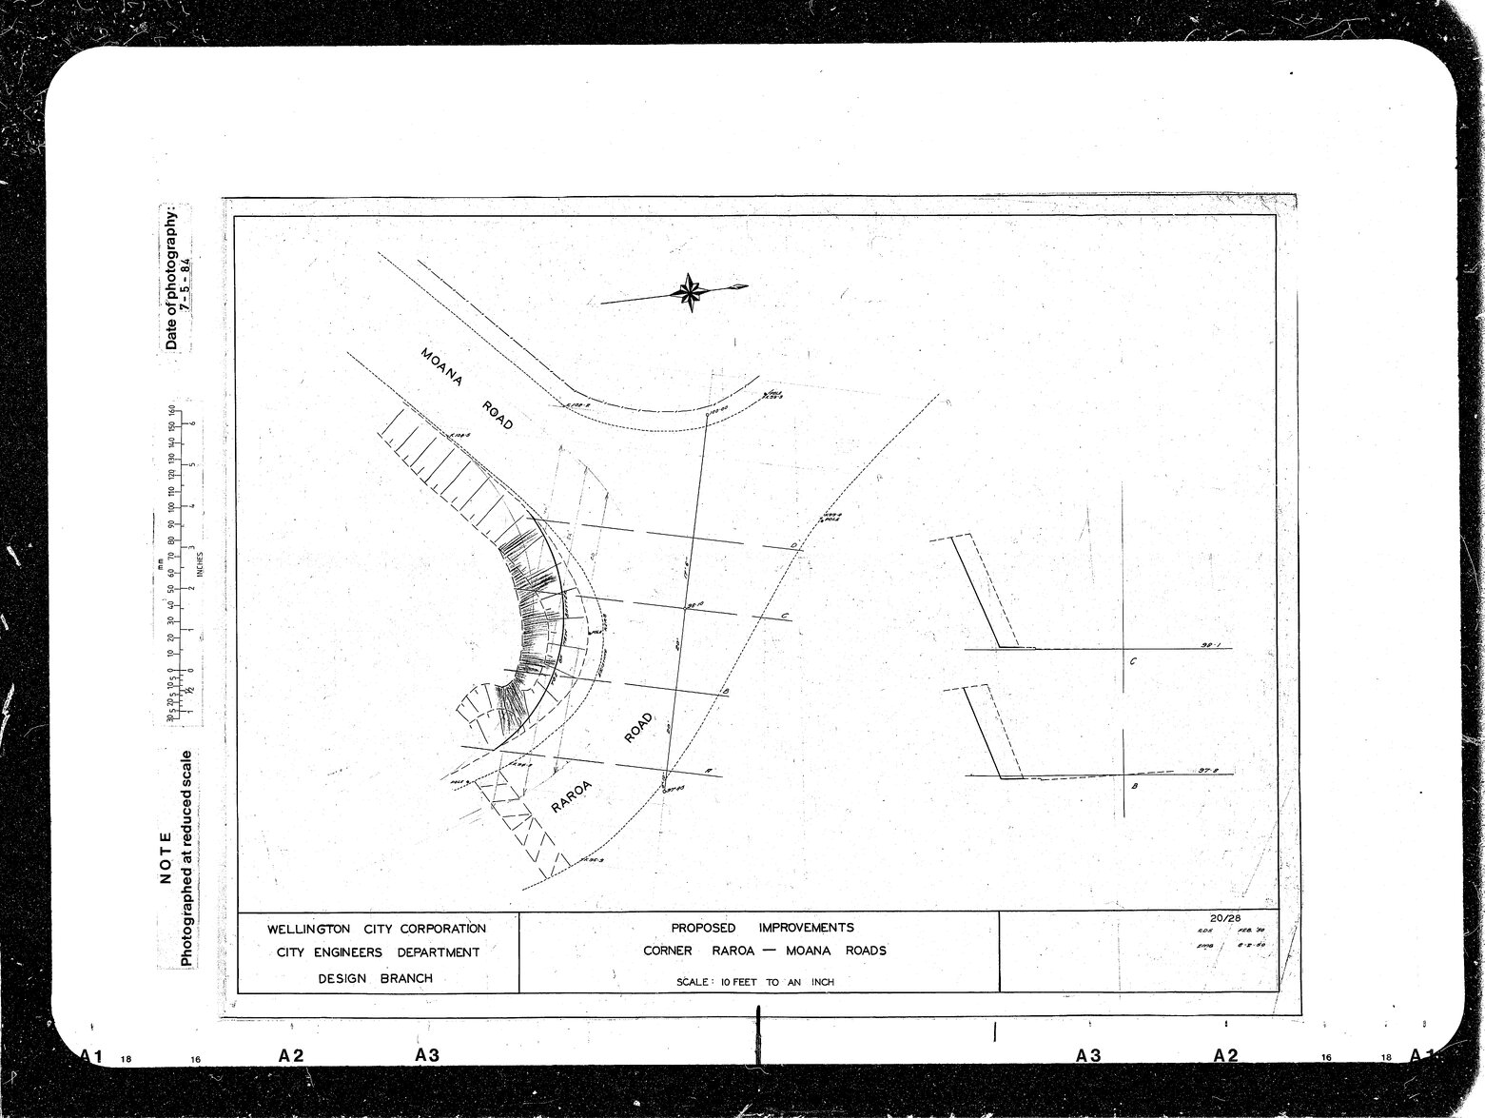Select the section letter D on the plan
tap(793, 545)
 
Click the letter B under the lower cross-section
tap(1134, 788)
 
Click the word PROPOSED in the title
tap(703, 928)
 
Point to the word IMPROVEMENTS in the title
tap(806, 928)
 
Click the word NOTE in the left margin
tap(166, 857)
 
